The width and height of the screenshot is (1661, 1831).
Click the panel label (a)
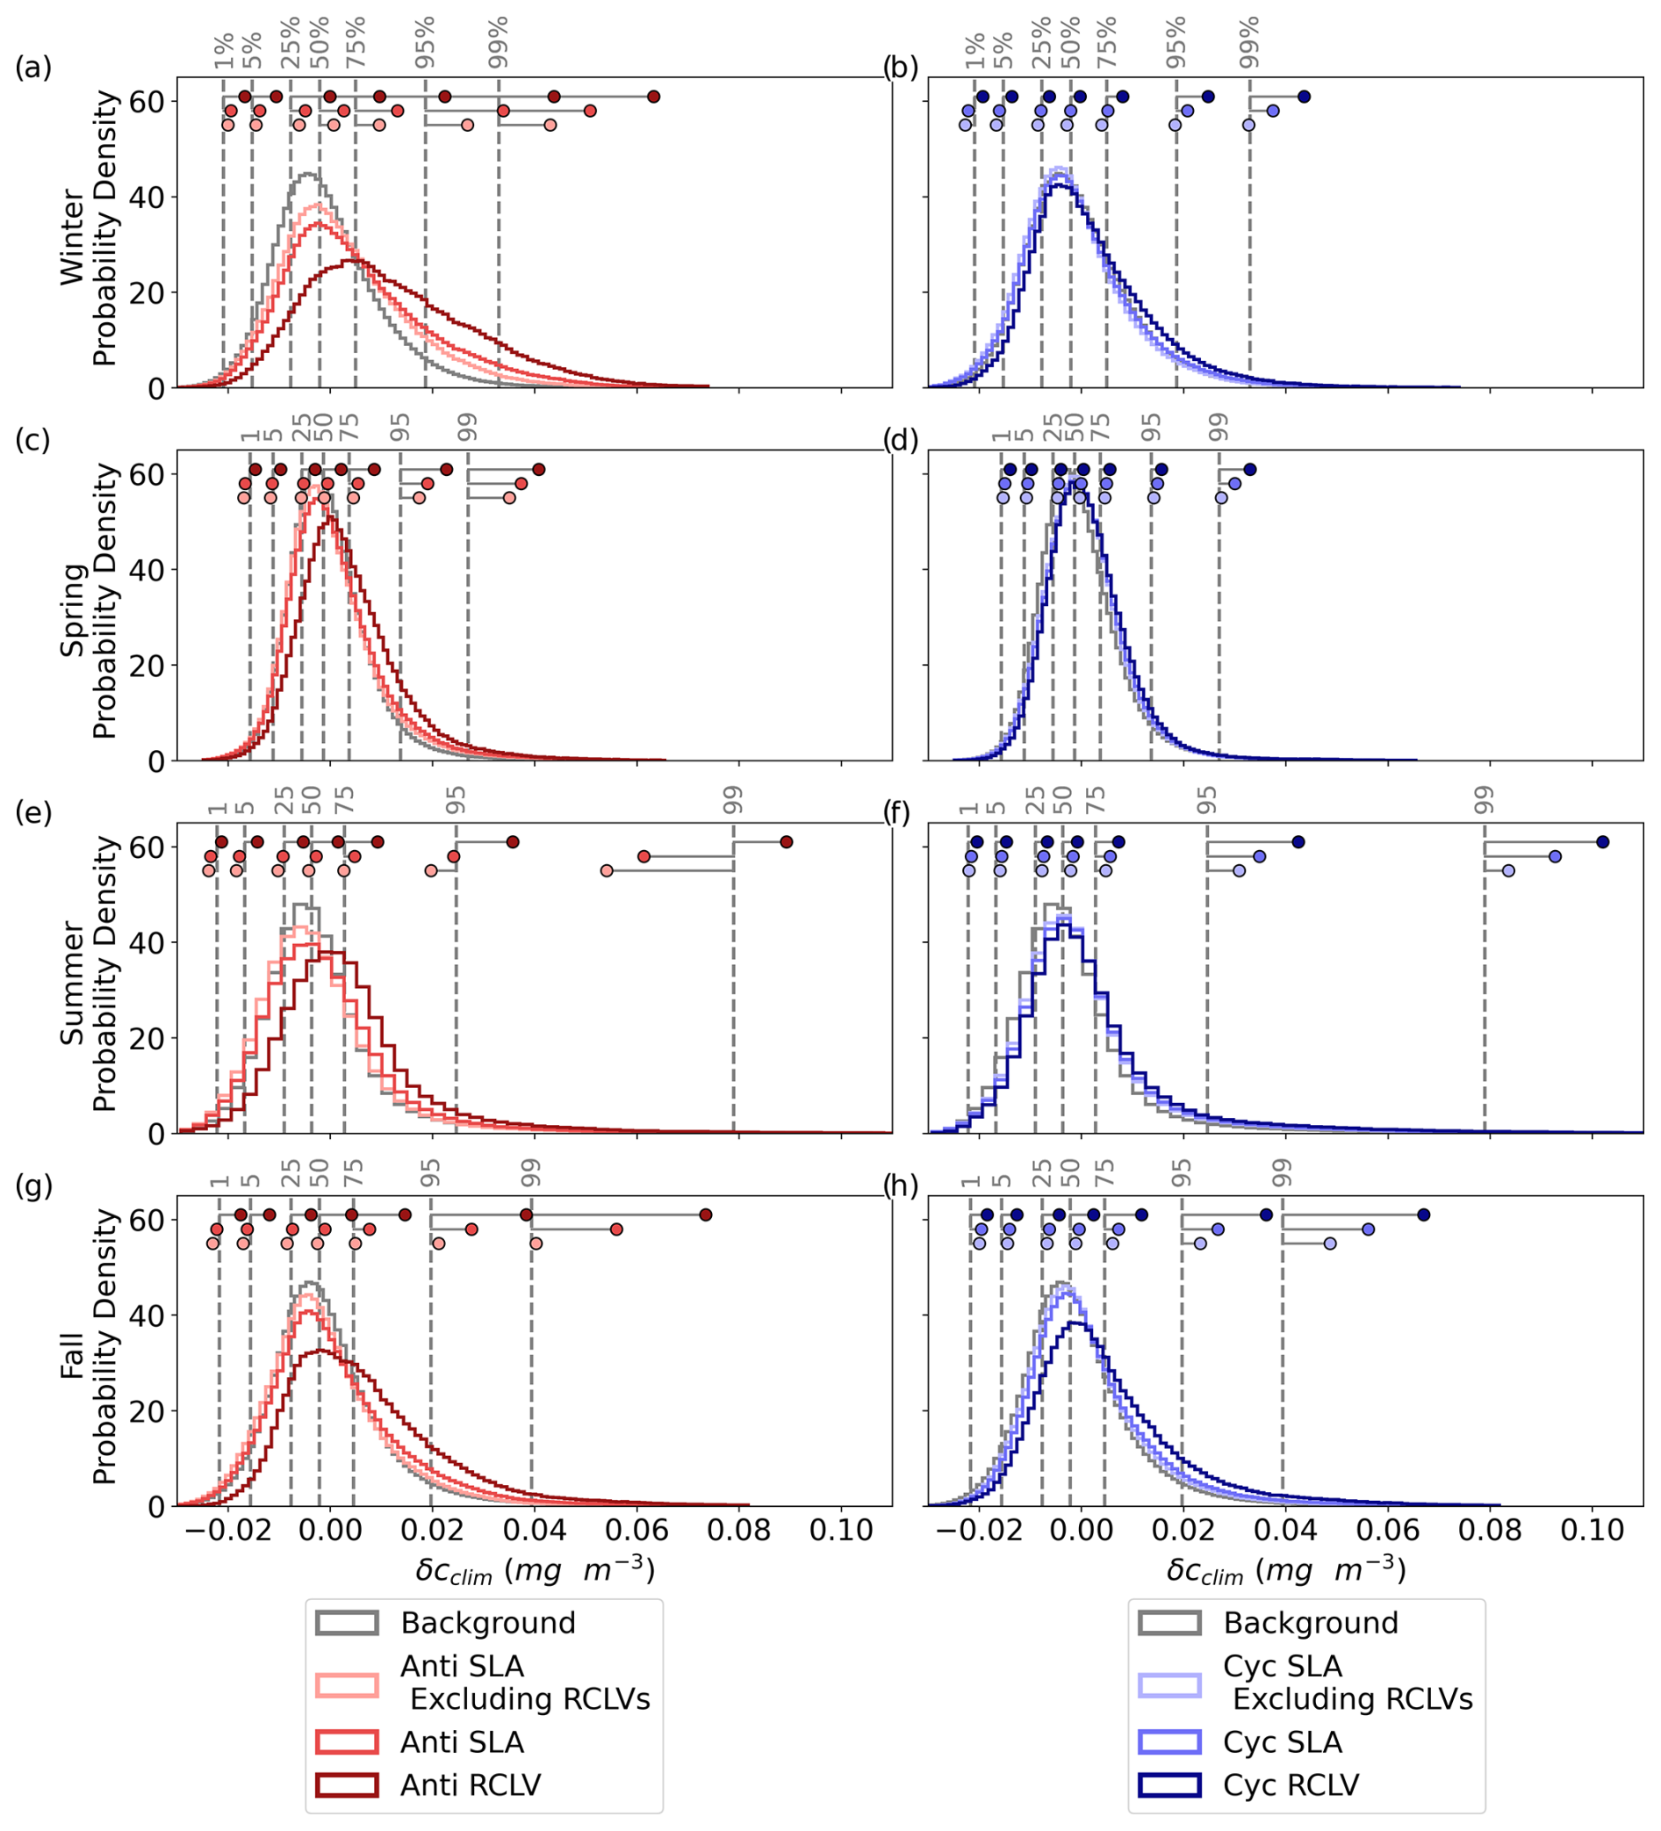click(32, 68)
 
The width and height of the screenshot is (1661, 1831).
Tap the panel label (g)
click(32, 1186)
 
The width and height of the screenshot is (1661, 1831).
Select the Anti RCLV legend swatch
click(347, 1784)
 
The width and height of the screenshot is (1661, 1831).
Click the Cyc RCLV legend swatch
click(1169, 1784)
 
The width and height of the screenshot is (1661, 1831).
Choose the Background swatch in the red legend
click(347, 1623)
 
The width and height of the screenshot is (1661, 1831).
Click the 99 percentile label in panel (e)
click(733, 799)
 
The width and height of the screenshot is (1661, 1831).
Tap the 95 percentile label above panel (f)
click(1206, 799)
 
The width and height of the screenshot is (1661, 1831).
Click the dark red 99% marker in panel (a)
click(653, 97)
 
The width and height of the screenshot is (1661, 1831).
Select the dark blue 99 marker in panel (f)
click(1603, 842)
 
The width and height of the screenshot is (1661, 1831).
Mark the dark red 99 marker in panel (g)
click(706, 1215)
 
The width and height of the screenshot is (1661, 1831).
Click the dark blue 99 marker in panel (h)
click(1424, 1215)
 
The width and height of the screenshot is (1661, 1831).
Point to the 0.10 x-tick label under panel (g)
click(841, 1530)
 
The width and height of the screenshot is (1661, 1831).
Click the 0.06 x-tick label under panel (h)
click(1387, 1530)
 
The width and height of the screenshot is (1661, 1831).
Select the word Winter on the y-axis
click(72, 238)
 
